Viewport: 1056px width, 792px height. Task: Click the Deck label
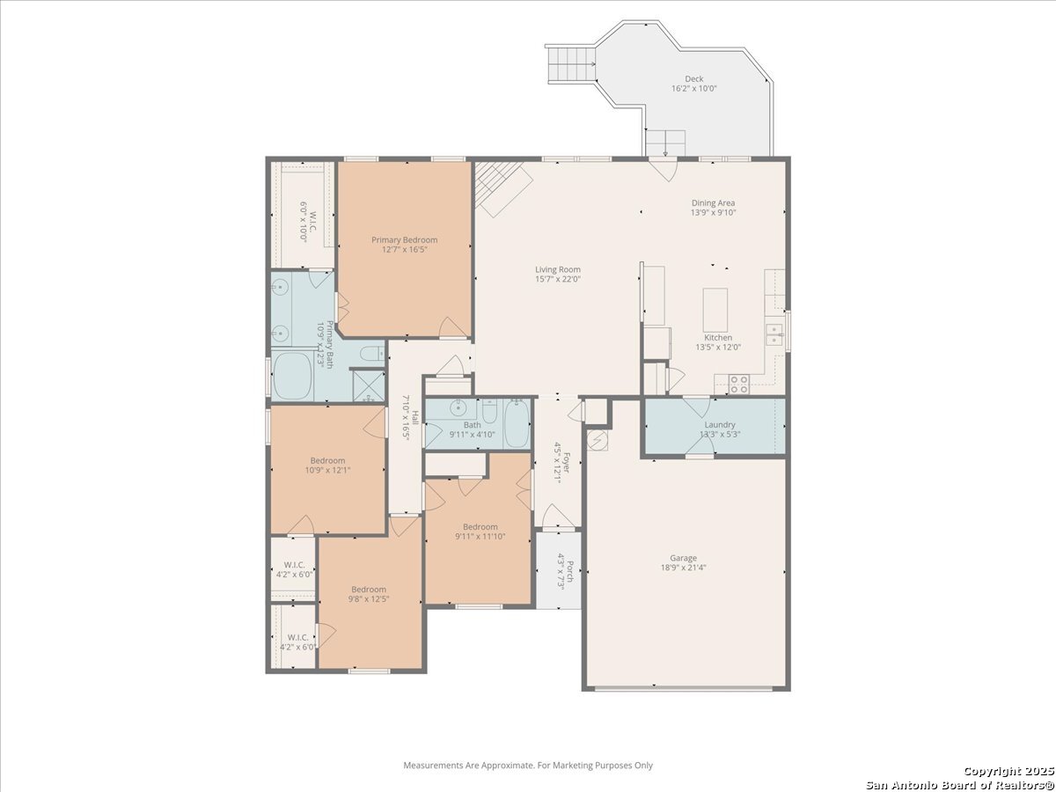[693, 79]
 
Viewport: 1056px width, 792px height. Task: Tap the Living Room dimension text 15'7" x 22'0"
[558, 279]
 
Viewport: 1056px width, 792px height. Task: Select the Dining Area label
[713, 203]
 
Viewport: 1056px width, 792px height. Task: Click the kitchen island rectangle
[715, 310]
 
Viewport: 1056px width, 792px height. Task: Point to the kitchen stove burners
[739, 385]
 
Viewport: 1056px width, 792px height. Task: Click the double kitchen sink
[774, 335]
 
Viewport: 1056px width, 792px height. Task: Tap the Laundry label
[720, 425]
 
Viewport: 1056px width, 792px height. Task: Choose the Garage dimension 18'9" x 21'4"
[683, 568]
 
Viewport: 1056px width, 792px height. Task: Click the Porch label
[570, 571]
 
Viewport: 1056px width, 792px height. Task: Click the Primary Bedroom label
[405, 240]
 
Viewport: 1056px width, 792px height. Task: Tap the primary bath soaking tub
[292, 376]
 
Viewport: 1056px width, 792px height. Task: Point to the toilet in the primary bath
[372, 354]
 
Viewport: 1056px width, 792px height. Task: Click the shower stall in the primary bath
[369, 386]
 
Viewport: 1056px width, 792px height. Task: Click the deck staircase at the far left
[571, 64]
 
